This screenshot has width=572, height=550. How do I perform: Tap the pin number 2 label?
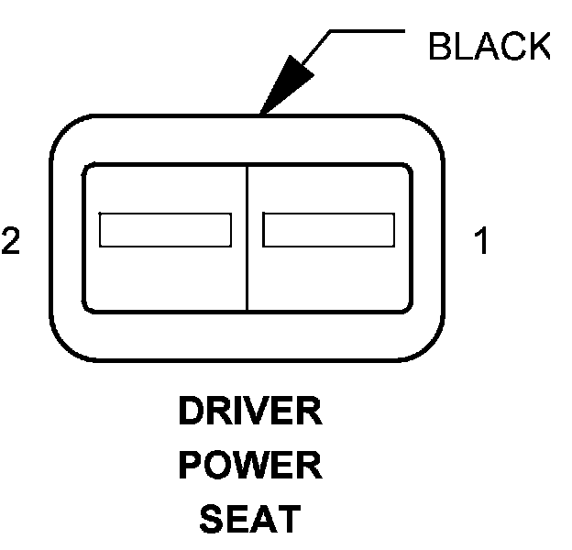pos(11,241)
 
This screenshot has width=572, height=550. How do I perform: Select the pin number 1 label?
pos(481,241)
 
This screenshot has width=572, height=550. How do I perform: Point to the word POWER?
pos(250,467)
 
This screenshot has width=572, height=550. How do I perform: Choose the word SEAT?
pos(249,520)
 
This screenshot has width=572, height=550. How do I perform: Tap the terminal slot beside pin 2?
pos(165,229)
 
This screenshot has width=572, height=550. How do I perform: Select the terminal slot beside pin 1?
pos(328,229)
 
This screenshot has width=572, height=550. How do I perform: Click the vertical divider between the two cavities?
pos(247,238)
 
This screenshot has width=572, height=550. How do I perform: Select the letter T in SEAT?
pos(288,520)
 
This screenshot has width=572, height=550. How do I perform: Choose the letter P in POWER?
pos(190,467)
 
